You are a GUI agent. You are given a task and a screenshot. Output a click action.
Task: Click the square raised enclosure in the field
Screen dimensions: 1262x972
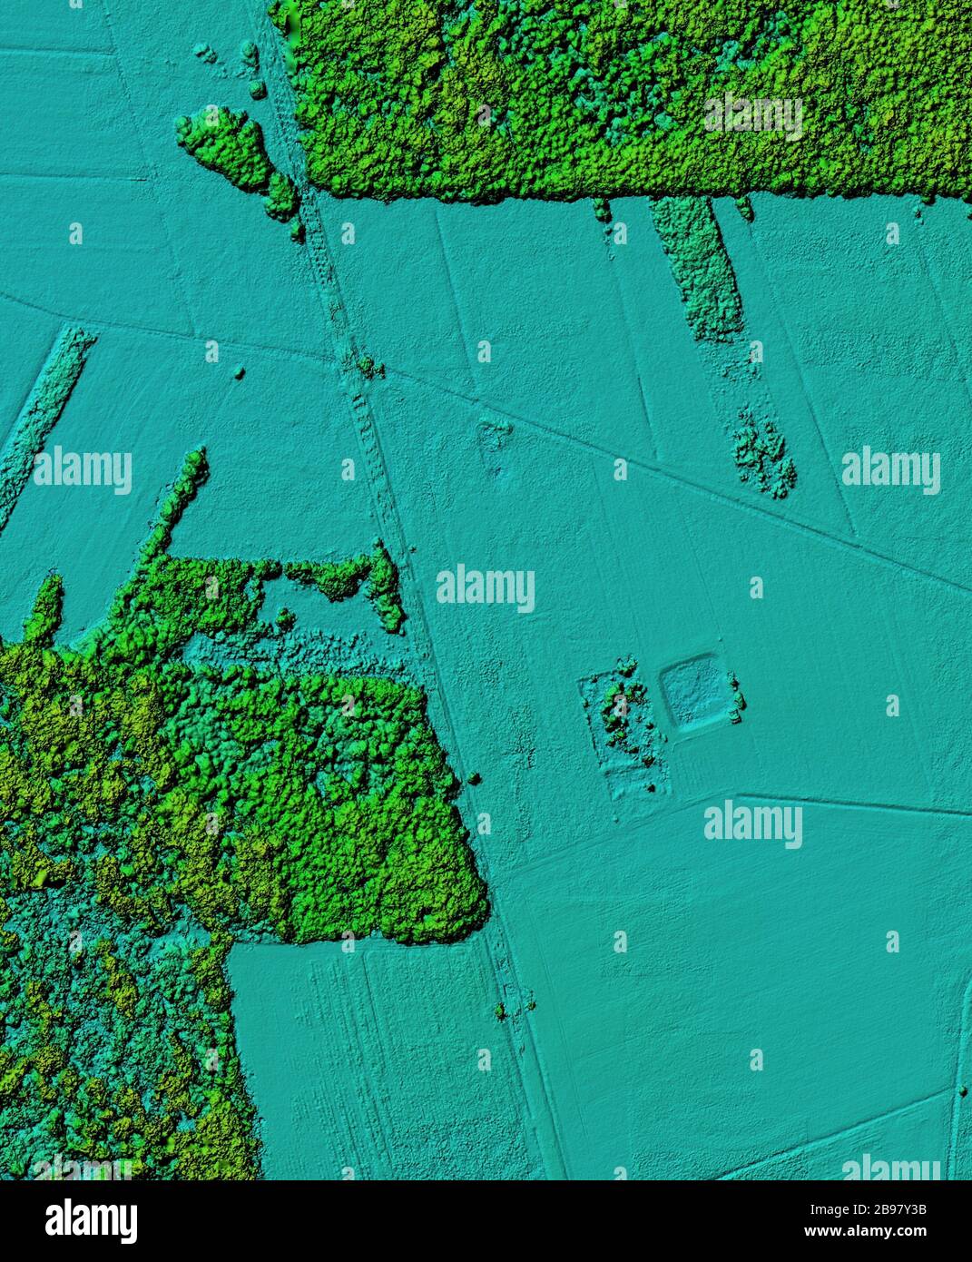(x=692, y=695)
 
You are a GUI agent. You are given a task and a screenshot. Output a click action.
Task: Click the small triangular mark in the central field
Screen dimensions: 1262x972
(x=494, y=436)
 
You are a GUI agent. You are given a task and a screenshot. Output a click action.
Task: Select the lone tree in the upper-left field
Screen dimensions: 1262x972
(x=240, y=372)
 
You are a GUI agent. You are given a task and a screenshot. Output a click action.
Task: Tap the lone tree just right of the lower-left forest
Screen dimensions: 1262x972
(x=474, y=778)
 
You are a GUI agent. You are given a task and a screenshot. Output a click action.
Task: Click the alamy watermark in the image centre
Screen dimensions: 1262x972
(x=485, y=588)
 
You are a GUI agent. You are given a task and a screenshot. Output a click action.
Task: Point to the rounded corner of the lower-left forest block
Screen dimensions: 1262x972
(x=472, y=917)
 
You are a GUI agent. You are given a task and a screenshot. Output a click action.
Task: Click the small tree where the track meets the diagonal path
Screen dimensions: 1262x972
(x=366, y=366)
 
